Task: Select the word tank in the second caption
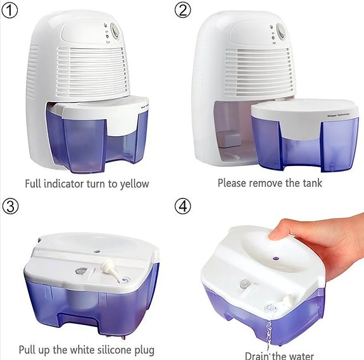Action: (x=310, y=183)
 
